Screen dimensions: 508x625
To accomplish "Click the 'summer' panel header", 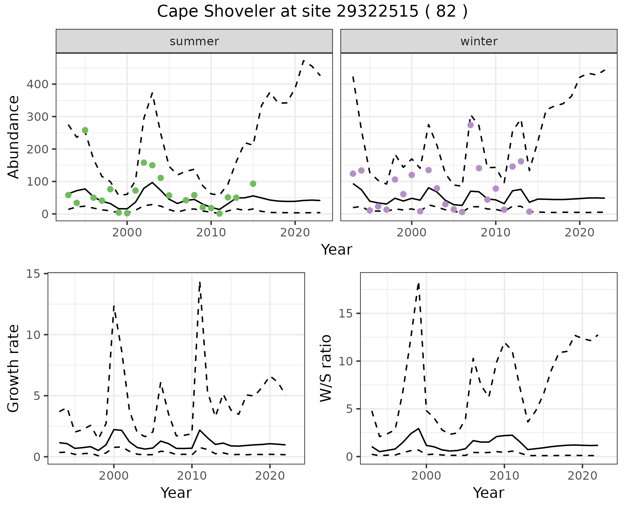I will tap(194, 41).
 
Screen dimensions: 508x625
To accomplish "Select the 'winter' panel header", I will tap(479, 41).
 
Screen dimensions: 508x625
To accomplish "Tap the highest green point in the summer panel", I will tap(85, 130).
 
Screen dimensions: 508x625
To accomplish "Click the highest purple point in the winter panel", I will tap(470, 125).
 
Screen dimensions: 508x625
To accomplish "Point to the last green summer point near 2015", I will tap(253, 184).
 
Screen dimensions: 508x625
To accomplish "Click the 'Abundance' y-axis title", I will tap(14, 137).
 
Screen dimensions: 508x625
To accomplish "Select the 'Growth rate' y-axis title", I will tap(14, 368).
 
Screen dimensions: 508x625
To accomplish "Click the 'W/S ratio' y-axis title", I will tap(326, 368).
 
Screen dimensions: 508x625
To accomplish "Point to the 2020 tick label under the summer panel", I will tap(295, 233).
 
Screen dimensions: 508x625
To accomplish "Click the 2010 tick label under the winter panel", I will tap(495, 233).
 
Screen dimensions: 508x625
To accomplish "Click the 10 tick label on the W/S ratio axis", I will tap(346, 361).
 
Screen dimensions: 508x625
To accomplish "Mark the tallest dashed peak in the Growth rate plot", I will tap(200, 282).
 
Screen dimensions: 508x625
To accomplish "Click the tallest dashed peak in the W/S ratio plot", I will tap(419, 284).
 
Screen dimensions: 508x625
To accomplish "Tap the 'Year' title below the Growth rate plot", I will tap(176, 493).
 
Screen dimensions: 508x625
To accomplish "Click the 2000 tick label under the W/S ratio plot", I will tap(426, 476).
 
